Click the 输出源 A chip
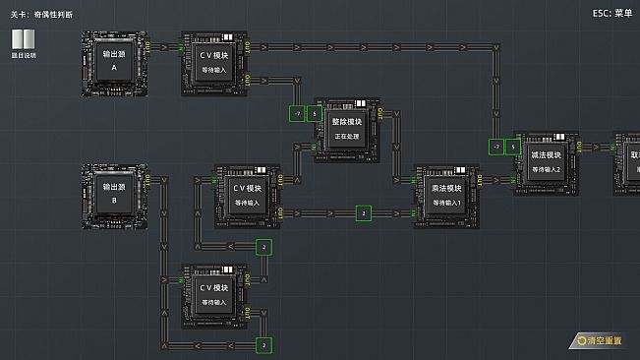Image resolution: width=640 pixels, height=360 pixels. click(x=114, y=62)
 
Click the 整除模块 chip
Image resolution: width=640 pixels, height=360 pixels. click(x=347, y=128)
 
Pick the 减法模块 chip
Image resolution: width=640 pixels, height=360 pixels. click(x=546, y=161)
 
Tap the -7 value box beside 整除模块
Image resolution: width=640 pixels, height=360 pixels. click(x=296, y=114)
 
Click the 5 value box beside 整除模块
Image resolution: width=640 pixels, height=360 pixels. click(x=314, y=114)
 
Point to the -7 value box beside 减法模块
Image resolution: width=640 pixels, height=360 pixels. click(x=496, y=147)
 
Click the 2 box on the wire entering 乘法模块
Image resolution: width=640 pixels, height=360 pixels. click(x=363, y=212)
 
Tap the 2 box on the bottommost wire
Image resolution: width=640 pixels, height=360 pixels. click(x=262, y=345)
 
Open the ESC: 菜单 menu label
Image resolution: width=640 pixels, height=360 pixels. click(x=612, y=13)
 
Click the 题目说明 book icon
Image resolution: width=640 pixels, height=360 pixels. click(x=24, y=40)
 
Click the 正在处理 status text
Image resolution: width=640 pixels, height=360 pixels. click(x=347, y=134)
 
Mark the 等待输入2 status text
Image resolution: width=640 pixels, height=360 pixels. click(x=546, y=169)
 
